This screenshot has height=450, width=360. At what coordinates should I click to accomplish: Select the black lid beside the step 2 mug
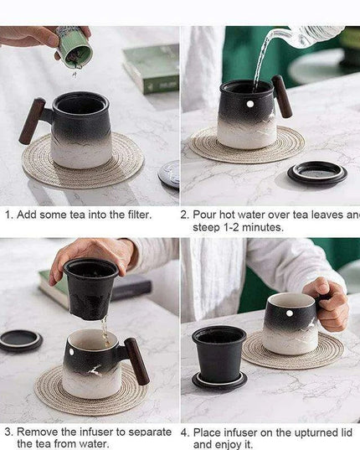coord(317,173)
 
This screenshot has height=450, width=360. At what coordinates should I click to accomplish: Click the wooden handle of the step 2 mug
coord(282,97)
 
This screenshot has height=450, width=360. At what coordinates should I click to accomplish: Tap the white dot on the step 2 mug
coord(249,104)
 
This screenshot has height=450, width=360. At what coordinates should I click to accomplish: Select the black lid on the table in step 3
coord(20,339)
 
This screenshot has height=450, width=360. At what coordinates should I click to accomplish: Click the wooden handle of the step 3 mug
coord(136,361)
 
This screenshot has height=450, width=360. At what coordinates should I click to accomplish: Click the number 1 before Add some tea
coord(8,215)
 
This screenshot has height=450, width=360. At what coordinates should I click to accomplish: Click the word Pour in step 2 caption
coord(207,215)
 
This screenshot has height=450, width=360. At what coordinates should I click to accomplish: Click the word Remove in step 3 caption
coord(37,432)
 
